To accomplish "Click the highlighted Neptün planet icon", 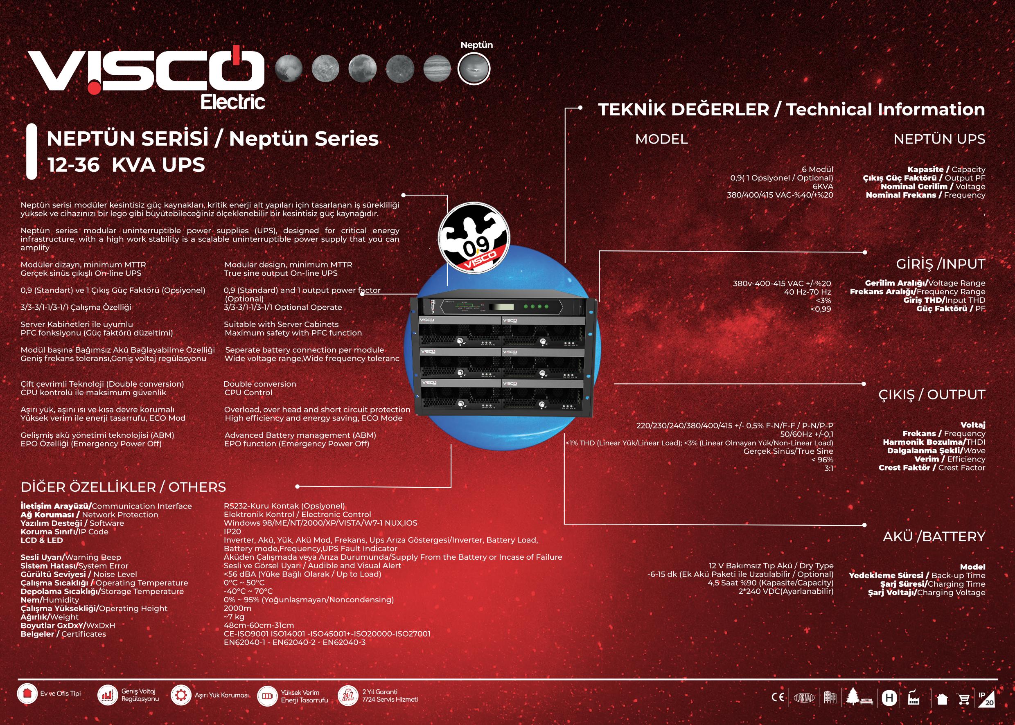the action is [474, 69].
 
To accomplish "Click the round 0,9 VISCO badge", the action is [474, 237].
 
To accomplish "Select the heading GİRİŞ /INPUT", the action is [941, 264].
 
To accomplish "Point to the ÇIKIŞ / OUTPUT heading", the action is [932, 395].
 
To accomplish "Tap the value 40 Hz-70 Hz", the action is [807, 292].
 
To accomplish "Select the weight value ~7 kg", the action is [234, 617].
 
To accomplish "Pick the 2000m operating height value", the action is [237, 608].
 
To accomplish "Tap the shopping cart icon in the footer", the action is [964, 699].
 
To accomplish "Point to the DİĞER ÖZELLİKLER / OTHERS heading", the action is [123, 486].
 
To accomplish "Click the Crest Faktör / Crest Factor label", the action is [932, 467].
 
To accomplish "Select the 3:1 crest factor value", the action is [829, 468].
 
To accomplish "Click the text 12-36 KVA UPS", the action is [126, 165].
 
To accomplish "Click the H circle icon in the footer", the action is [889, 698].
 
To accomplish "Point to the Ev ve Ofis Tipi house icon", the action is [27, 693].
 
